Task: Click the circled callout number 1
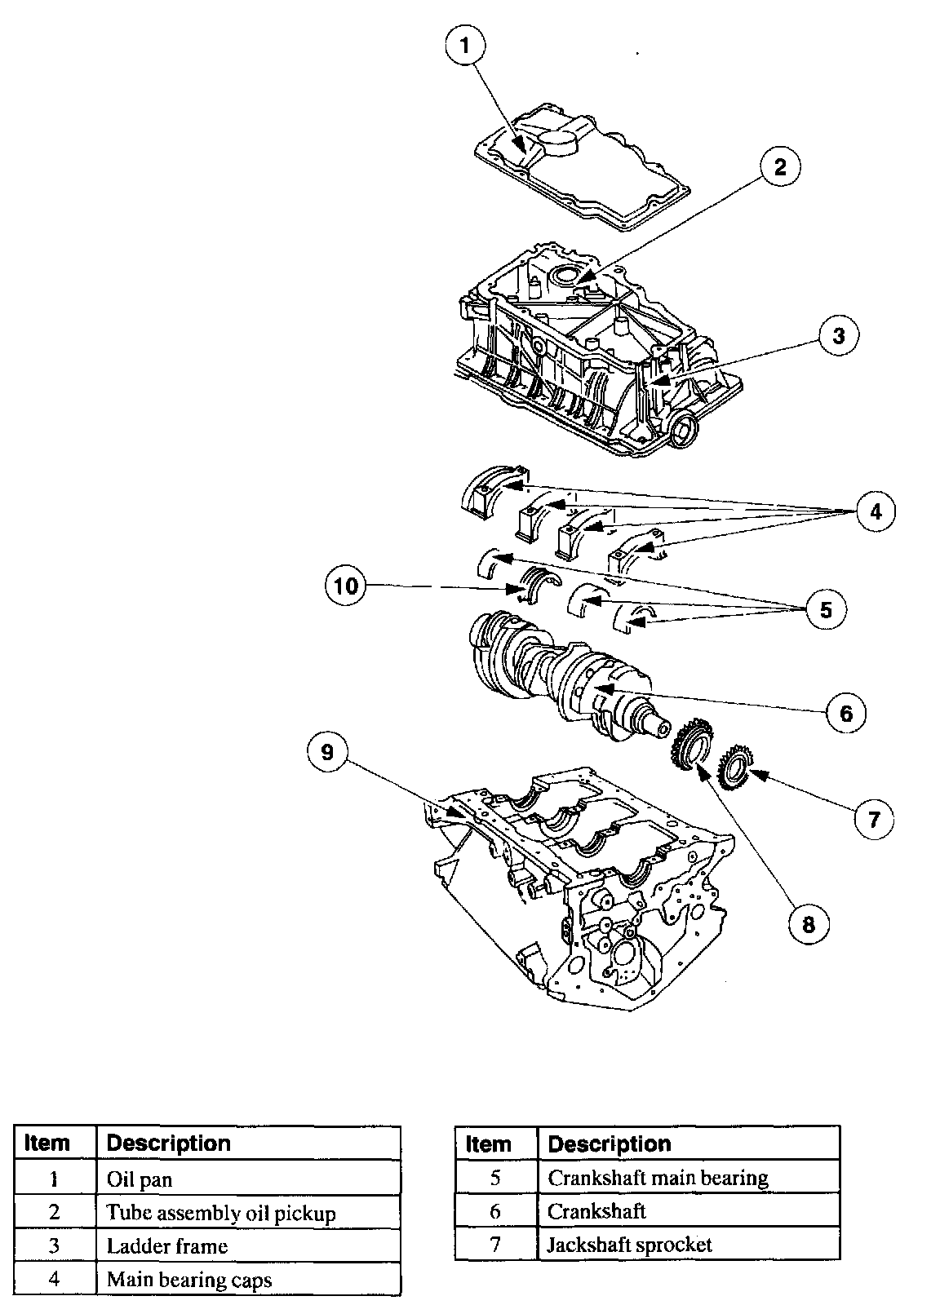(465, 46)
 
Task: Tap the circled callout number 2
(780, 168)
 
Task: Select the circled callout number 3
(839, 335)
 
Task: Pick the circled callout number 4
(876, 511)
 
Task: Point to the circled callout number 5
(827, 610)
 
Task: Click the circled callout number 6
(846, 713)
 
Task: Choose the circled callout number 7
(874, 820)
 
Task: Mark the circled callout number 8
(809, 924)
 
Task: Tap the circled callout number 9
(327, 752)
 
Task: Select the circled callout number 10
(346, 585)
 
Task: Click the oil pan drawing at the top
(582, 168)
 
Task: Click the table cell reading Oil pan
(248, 1179)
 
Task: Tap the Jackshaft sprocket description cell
(688, 1245)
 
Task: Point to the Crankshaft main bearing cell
(688, 1179)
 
